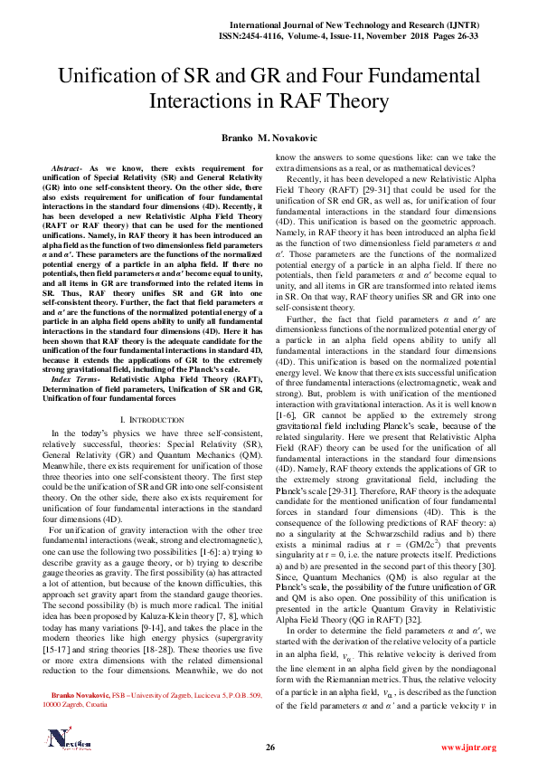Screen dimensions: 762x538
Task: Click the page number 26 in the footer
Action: (x=269, y=746)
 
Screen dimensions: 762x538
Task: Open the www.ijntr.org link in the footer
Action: (x=467, y=747)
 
